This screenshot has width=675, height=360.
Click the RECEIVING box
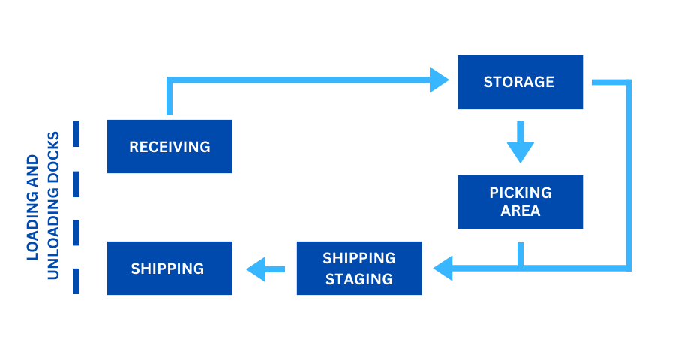coord(169,147)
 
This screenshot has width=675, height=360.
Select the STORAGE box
coord(520,82)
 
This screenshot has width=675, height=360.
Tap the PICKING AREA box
coord(520,202)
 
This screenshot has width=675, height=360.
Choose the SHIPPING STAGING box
coord(359,268)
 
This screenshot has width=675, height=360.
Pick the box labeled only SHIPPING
coord(169,268)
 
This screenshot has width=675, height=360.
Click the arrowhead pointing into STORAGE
coord(439,79)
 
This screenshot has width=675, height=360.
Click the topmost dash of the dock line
coord(76,134)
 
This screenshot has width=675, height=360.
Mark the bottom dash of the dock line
coord(76,281)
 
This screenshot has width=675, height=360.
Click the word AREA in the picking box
coord(520,211)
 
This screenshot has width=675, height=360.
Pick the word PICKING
coord(520,193)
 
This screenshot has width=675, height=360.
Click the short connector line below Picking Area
coord(520,253)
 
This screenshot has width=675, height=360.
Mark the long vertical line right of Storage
coord(628,172)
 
